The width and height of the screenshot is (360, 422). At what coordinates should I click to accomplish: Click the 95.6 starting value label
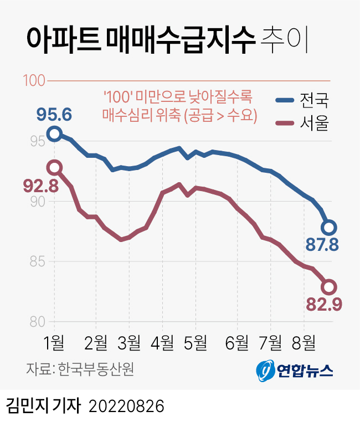(54, 115)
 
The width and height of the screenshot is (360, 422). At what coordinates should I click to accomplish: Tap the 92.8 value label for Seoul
(41, 186)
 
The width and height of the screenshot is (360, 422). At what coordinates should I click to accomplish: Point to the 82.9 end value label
(324, 304)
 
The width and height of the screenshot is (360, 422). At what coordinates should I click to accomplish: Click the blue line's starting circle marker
(54, 133)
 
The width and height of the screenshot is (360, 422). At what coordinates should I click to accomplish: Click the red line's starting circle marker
(54, 167)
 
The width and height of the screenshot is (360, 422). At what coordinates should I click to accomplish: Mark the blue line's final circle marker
(328, 227)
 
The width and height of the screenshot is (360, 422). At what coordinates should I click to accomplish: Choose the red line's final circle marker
(328, 287)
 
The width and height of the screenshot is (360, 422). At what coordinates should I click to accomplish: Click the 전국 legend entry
(303, 101)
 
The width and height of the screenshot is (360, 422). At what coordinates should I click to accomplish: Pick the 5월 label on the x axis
(195, 343)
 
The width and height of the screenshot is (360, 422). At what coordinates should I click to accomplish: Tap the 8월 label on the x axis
(304, 343)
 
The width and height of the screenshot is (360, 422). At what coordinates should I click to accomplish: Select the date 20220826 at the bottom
(127, 406)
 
